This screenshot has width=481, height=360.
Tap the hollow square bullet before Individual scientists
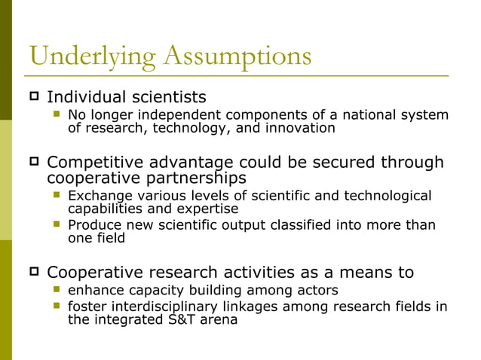34,96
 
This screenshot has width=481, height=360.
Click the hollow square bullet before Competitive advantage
34,161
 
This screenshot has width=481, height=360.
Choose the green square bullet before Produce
57,224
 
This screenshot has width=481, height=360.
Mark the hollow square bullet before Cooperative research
34,270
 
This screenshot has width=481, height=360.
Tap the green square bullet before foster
57,306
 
